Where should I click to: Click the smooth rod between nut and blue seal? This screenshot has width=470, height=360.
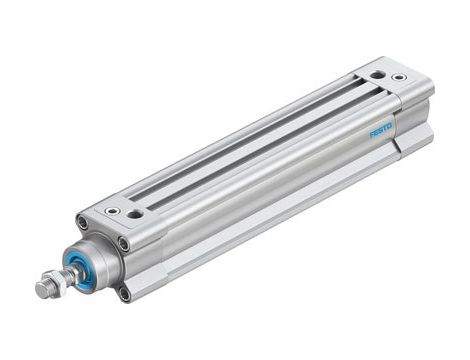point(62,275)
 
